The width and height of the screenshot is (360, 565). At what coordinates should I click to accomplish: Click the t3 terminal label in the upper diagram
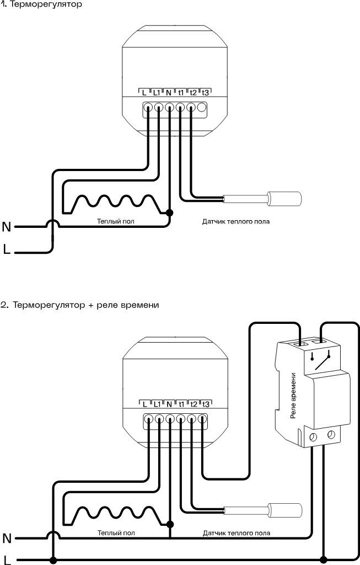[205, 93]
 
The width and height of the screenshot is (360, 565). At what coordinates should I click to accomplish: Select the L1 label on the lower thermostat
[157, 404]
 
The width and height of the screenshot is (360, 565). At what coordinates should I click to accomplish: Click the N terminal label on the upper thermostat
[169, 93]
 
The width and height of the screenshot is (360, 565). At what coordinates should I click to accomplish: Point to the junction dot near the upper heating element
[169, 212]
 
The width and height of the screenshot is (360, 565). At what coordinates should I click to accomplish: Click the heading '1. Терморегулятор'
[41, 5]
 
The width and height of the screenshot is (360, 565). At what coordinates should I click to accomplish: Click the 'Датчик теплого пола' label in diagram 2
[237, 533]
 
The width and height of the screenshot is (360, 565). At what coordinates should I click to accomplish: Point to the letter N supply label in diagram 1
[7, 227]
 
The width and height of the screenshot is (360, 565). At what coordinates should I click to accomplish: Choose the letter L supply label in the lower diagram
[7, 559]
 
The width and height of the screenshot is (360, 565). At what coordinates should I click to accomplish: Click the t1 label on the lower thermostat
[181, 404]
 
